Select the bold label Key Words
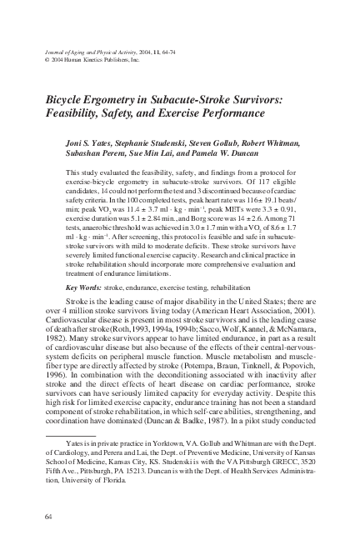pyautogui.click(x=83, y=287)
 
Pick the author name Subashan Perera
pyautogui.click(x=95, y=156)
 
